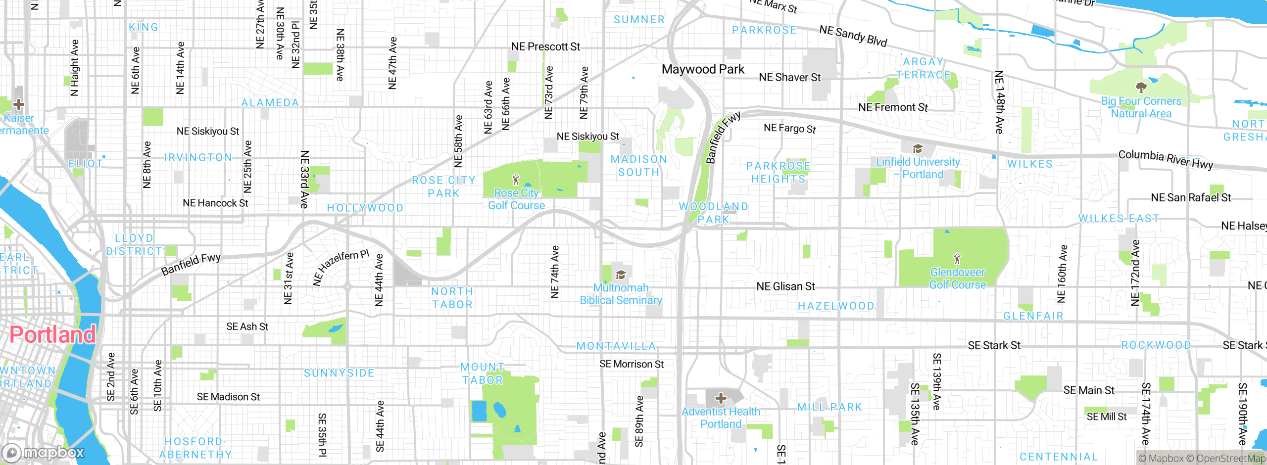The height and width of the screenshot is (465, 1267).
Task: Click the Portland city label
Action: point(52,335)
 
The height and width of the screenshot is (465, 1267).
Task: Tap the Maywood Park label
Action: point(703,69)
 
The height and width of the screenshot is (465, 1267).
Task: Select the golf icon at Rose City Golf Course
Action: point(516,179)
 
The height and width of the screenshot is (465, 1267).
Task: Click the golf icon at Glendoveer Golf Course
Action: point(957,258)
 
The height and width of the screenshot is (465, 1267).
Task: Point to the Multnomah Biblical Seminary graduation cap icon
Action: point(621,275)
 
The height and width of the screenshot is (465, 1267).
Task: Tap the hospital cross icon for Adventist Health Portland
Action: point(721,398)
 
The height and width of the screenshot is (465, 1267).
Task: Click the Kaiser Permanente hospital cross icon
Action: point(19,104)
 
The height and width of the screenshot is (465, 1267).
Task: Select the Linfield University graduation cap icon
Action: point(918,149)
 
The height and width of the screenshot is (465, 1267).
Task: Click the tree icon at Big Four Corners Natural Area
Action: point(1141,88)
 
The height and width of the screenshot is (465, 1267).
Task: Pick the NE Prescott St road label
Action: point(545,46)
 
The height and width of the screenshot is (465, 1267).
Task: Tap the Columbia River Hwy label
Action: point(1166,159)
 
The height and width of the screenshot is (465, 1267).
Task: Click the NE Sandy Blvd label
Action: point(853,36)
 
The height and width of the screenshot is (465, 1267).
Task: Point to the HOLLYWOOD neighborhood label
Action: point(365,208)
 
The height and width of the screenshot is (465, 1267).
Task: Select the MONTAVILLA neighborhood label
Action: point(616,346)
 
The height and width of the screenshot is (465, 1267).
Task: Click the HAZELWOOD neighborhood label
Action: point(836,306)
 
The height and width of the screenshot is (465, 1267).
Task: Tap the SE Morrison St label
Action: point(632,364)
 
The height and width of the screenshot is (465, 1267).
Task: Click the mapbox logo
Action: point(44,453)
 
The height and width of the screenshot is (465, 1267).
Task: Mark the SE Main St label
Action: point(1089,390)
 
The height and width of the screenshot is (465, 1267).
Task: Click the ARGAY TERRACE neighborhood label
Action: point(924,68)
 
